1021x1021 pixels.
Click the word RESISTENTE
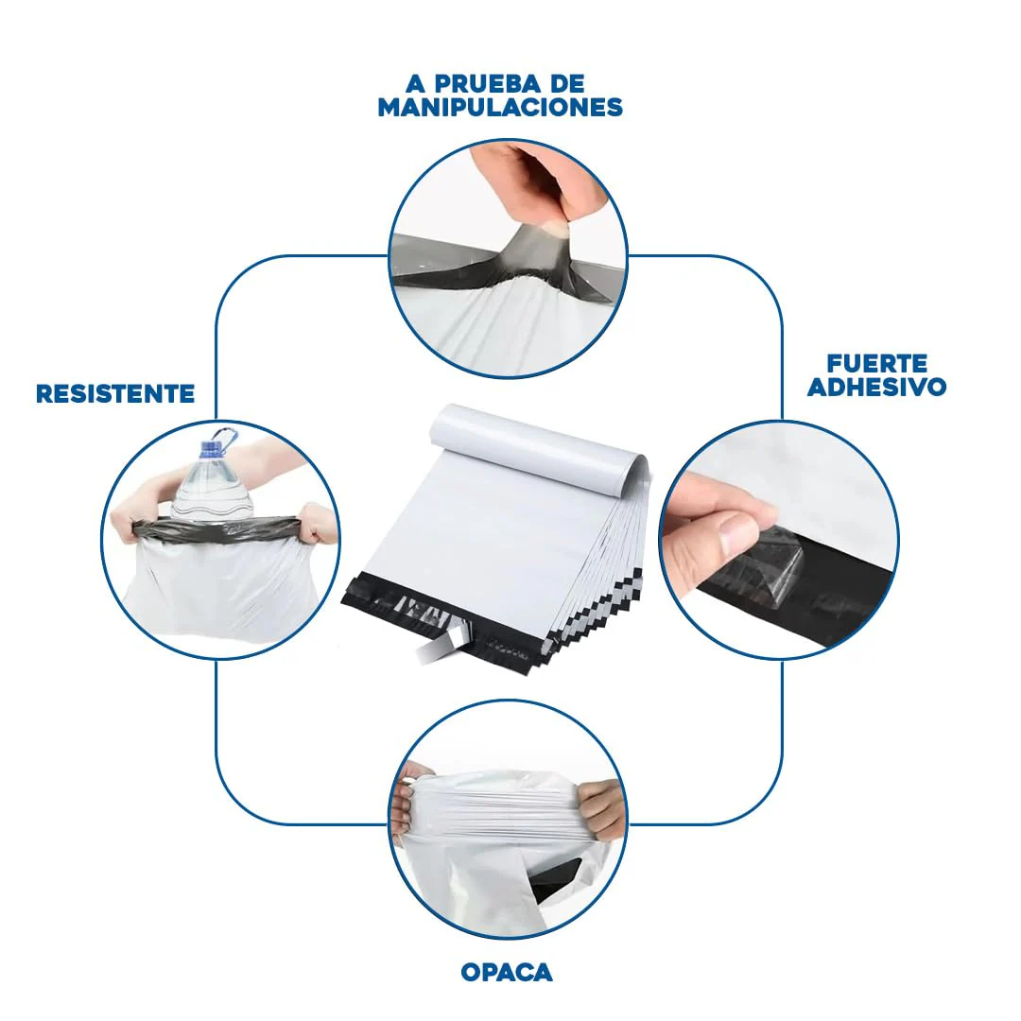(115, 393)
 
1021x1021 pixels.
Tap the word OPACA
(507, 972)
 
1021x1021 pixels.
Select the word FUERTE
(877, 363)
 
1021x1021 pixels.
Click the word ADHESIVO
(877, 387)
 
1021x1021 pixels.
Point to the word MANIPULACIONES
(500, 107)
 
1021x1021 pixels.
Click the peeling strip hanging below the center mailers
(442, 648)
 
